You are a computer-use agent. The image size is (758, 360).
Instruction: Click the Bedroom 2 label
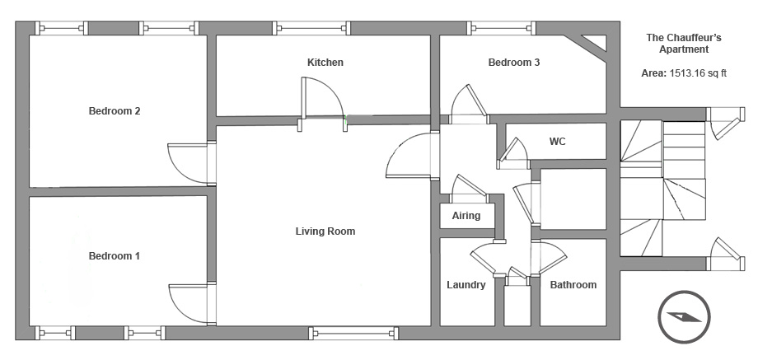point(115,111)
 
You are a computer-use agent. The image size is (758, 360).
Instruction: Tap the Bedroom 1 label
point(114,256)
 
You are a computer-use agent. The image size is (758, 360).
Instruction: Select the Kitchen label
point(325,63)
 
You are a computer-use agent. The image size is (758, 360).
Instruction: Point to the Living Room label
point(325,231)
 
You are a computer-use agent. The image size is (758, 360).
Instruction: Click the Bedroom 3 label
point(514,63)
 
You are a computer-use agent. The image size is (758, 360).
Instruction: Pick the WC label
point(558,142)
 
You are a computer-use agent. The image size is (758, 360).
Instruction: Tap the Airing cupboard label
point(466,216)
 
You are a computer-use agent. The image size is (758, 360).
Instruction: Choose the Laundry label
point(466,284)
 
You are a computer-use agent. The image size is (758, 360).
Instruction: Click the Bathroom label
point(573,284)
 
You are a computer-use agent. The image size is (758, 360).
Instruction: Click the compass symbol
point(684,317)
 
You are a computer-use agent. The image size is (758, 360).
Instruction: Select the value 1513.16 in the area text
point(686,73)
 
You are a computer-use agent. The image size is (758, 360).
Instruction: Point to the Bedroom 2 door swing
point(189,163)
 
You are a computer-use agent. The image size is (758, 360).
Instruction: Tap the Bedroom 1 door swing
point(189,303)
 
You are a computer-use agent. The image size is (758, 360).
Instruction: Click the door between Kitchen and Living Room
point(322,98)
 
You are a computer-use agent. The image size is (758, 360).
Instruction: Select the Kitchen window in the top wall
point(311,28)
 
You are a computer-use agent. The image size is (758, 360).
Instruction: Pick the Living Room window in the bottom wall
point(353,333)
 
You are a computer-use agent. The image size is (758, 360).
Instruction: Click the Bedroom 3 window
point(503,28)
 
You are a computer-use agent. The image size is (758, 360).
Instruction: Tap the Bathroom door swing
point(549,257)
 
